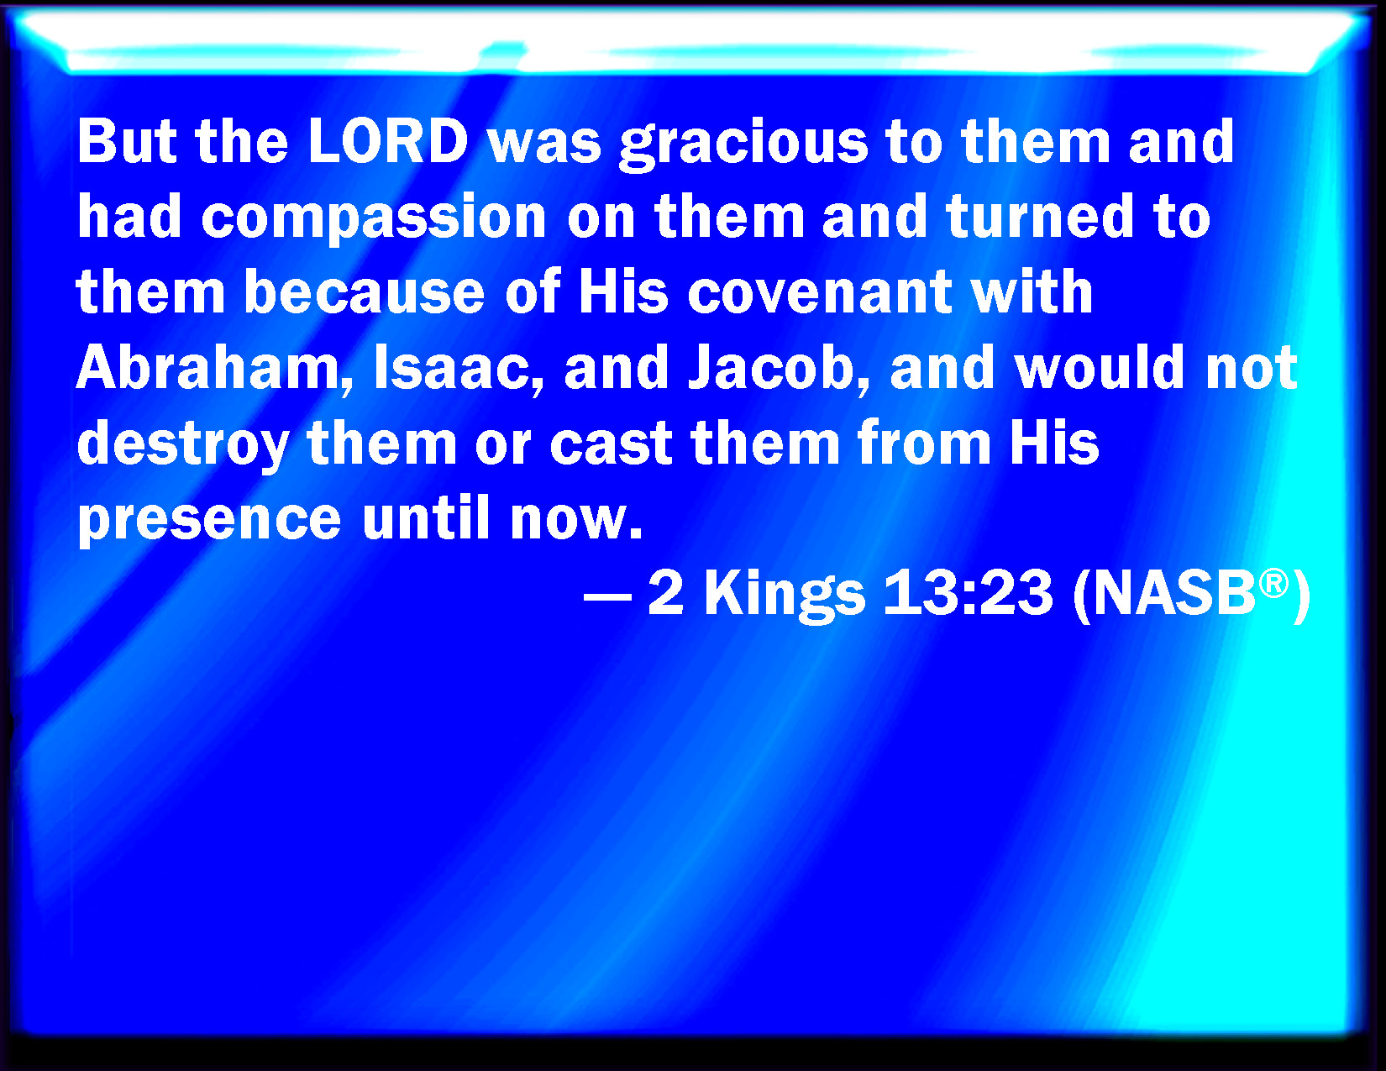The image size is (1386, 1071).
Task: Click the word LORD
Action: pos(388,141)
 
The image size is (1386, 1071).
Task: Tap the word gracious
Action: pos(743,144)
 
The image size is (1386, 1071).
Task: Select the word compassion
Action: pos(374,218)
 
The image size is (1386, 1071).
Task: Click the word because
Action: pos(365,291)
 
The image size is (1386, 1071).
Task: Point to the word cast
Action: pos(611,444)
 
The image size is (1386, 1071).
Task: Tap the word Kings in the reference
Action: pos(785,596)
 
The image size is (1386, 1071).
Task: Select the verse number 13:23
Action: pos(968,593)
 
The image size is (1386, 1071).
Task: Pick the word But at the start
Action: pos(127,141)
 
